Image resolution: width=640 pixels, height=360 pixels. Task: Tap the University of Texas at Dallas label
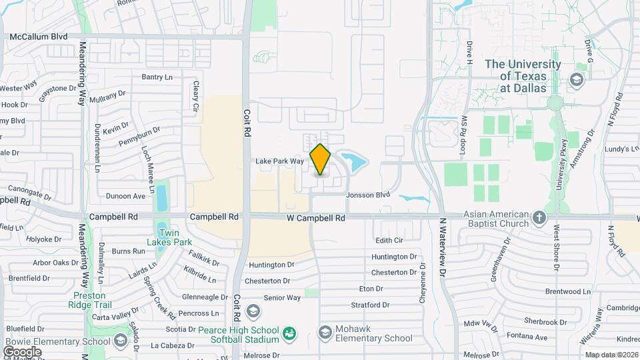(x=523, y=76)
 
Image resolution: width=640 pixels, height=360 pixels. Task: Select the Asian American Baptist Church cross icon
(x=540, y=217)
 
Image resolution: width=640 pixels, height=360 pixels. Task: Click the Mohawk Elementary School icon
(x=325, y=332)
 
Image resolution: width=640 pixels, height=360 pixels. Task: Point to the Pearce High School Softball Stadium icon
(x=289, y=332)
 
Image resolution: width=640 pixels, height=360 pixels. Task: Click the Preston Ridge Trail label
(x=90, y=300)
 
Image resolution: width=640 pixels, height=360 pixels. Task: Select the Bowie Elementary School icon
(x=121, y=342)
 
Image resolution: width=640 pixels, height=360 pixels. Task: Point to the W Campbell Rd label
(x=316, y=218)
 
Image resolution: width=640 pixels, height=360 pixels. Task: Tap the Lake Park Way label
(x=280, y=161)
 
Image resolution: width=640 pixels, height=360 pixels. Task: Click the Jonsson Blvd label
(x=367, y=195)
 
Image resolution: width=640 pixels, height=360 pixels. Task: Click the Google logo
(x=22, y=351)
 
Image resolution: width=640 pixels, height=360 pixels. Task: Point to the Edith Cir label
(x=390, y=240)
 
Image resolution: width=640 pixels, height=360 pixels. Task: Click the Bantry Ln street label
(x=157, y=77)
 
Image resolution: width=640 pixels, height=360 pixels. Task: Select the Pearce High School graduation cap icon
(x=253, y=311)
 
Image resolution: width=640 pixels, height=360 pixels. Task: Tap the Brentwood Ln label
(x=568, y=291)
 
